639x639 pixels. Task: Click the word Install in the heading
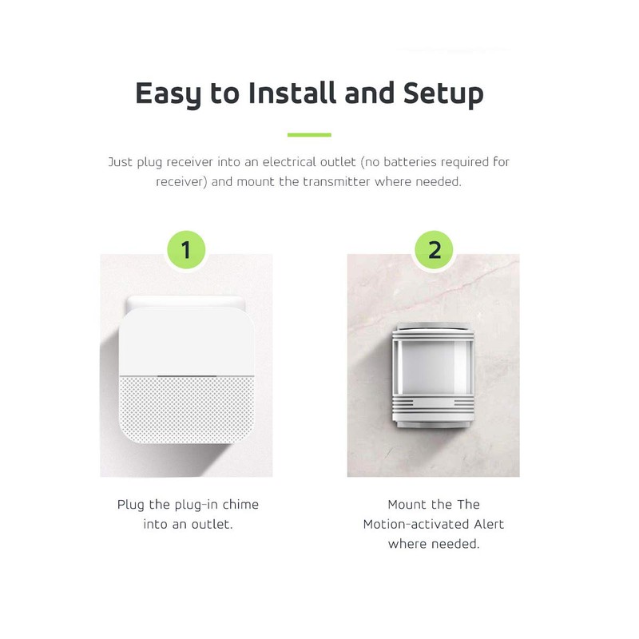(x=291, y=93)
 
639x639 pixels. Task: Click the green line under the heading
(x=309, y=135)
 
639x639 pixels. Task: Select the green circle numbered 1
(x=186, y=250)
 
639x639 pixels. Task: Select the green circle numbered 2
(x=435, y=250)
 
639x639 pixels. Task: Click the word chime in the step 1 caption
(x=240, y=505)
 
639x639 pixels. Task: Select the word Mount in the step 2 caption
(x=408, y=505)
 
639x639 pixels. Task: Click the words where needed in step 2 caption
(x=434, y=544)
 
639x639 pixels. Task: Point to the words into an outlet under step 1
(x=188, y=525)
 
